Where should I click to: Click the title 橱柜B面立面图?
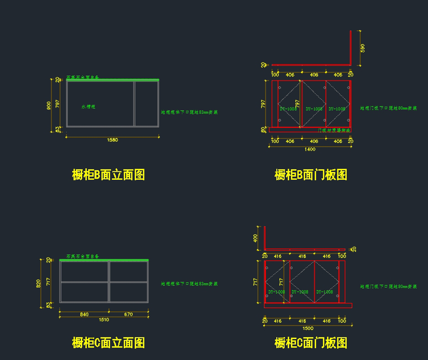click(x=108, y=175)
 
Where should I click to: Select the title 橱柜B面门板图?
click(x=311, y=175)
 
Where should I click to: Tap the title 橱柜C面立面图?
click(x=108, y=343)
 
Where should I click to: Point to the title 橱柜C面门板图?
click(x=311, y=343)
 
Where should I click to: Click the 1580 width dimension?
click(x=112, y=140)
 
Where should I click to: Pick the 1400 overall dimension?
click(x=310, y=149)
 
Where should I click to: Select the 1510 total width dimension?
click(x=104, y=320)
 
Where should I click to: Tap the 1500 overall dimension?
click(x=308, y=328)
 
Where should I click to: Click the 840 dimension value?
click(x=84, y=314)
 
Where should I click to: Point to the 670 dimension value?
click(x=128, y=314)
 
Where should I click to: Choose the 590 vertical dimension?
click(x=363, y=48)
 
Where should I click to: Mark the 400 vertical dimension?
click(x=255, y=238)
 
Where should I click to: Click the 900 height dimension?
click(x=49, y=106)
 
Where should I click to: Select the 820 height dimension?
click(x=39, y=284)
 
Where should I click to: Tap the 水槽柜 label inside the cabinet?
click(x=88, y=107)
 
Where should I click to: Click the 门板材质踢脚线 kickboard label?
click(x=334, y=130)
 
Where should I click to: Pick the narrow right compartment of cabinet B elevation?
click(x=146, y=104)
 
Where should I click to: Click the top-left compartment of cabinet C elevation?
click(x=84, y=271)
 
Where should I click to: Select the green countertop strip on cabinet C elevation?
click(x=104, y=260)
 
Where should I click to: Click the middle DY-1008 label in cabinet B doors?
click(x=314, y=109)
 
